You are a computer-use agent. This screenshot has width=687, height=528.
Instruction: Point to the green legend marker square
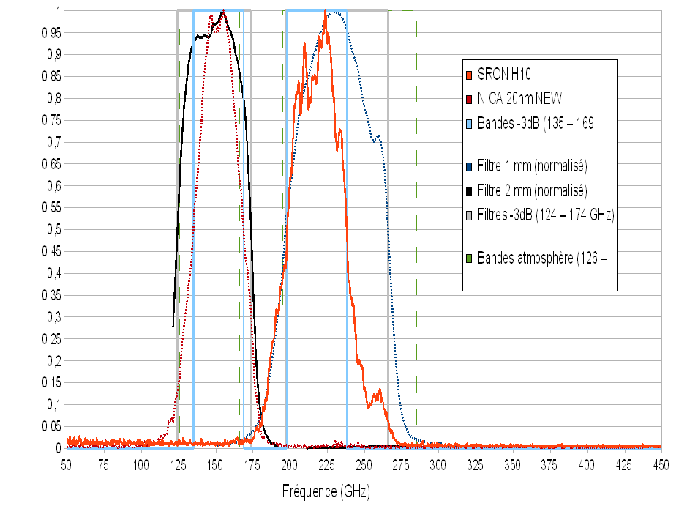[x=469, y=258]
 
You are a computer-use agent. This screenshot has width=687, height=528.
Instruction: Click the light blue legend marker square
[x=469, y=123]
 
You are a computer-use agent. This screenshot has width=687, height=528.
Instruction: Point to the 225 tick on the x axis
[x=327, y=463]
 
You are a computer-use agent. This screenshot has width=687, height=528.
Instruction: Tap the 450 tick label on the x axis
[x=661, y=463]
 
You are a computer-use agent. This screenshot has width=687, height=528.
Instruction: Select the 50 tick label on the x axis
[x=67, y=463]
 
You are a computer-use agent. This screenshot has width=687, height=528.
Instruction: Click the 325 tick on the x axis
[x=476, y=463]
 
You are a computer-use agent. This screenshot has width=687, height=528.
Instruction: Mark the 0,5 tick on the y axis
[x=51, y=229]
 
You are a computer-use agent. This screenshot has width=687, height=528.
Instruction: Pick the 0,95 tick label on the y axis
[x=48, y=33]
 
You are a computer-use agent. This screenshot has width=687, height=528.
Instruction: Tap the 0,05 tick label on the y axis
[x=48, y=426]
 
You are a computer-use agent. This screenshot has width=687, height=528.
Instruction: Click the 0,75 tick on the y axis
[x=48, y=120]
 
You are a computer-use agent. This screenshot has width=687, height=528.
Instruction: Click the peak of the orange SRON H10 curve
[x=325, y=12]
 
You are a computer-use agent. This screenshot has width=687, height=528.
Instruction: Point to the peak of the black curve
[x=223, y=11]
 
